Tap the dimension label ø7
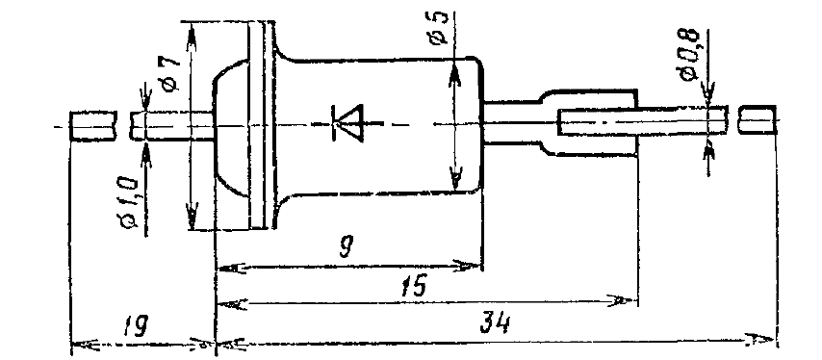click(x=171, y=73)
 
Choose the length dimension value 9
click(x=345, y=246)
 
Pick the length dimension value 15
click(x=413, y=286)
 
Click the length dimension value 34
click(x=495, y=325)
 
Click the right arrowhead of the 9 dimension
click(x=467, y=265)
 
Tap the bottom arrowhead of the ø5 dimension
click(x=455, y=179)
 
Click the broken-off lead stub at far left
click(x=92, y=125)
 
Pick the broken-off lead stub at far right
click(x=758, y=120)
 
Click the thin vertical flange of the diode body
click(x=261, y=125)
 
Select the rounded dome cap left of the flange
click(x=231, y=126)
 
